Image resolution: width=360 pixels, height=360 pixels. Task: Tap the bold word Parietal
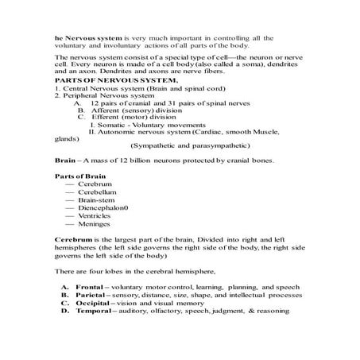pyautogui.click(x=91, y=315)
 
